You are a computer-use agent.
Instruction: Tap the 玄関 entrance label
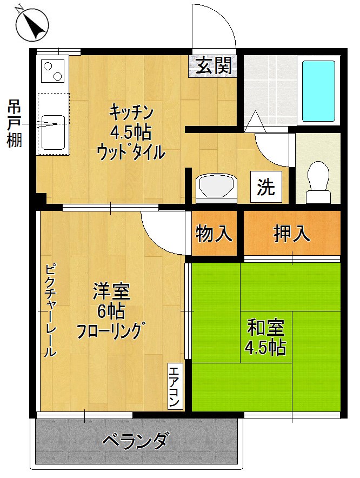(214, 65)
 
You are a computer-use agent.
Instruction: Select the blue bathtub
(318, 91)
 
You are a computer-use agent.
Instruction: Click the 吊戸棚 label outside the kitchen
(14, 124)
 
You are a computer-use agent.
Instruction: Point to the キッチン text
(132, 113)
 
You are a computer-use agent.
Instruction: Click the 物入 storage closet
(214, 234)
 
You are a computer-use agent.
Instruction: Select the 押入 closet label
(292, 233)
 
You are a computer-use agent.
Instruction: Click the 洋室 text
(111, 293)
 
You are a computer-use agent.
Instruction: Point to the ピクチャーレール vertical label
(50, 310)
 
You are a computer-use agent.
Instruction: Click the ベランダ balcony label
(136, 440)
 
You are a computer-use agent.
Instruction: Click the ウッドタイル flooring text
(130, 152)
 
